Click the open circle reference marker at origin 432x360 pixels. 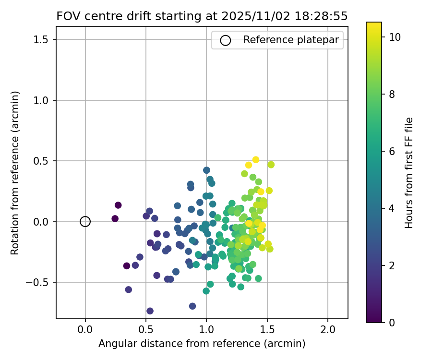coord(85,221)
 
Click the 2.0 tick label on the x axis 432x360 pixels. coord(328,331)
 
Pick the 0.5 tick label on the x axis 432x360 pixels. coord(146,331)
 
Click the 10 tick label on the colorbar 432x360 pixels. coord(395,36)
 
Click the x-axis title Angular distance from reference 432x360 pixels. coord(202,344)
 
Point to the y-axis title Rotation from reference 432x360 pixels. coord(15,173)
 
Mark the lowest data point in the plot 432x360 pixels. coord(150,311)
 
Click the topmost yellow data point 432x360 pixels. coord(255,160)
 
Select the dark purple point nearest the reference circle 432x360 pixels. coord(115,218)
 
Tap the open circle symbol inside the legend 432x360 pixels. coord(226,40)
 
